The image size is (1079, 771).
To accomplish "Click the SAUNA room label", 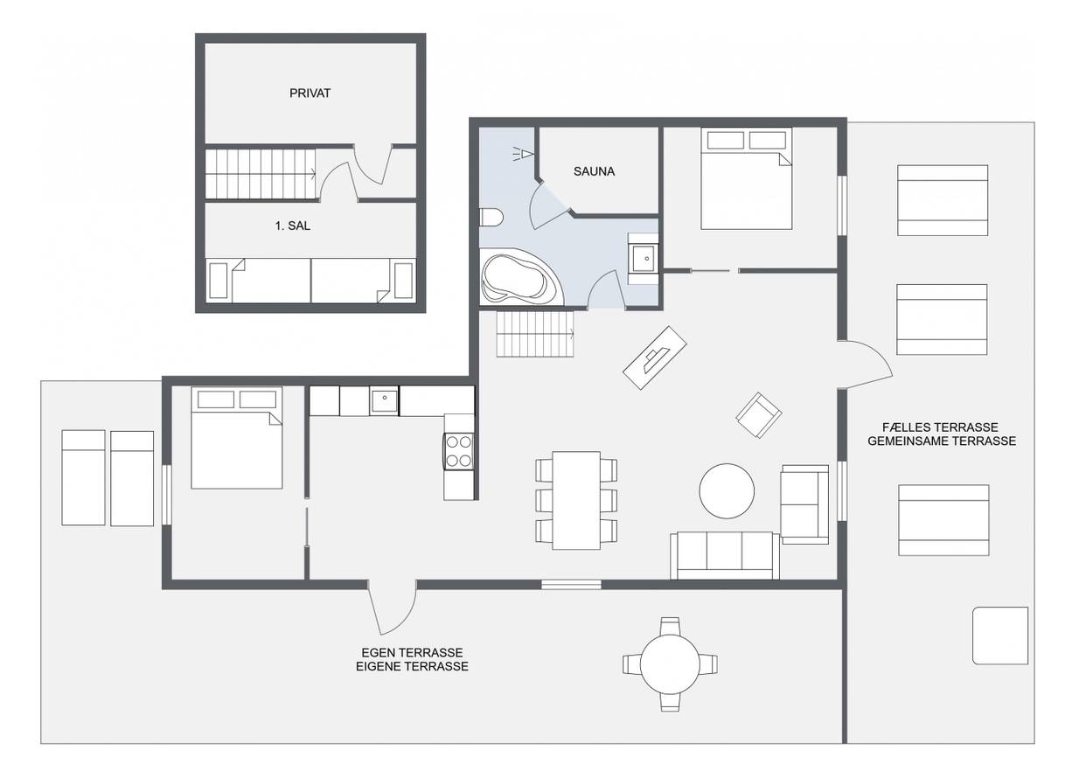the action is (594, 171).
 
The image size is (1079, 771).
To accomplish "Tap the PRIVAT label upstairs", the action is (310, 94).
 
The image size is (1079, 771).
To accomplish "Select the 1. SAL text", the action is (292, 226).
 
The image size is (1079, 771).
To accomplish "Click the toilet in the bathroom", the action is (491, 217).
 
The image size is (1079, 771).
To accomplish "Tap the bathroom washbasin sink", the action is (644, 259).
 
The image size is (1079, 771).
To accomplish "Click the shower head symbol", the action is (524, 154).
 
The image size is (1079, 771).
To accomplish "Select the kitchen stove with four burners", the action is (458, 451).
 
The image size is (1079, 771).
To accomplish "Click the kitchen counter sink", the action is (384, 401).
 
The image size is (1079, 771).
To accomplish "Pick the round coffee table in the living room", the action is (727, 490).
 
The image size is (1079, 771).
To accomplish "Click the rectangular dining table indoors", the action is (576, 500).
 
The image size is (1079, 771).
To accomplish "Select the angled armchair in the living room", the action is (759, 415).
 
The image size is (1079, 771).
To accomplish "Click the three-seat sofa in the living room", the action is (725, 555).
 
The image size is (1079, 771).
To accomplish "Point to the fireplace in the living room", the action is (655, 358).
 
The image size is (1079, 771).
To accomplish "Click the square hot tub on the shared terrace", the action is (1000, 636).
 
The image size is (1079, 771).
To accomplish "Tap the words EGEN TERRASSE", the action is (412, 652).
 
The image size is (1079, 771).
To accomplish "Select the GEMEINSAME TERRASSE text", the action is (942, 441).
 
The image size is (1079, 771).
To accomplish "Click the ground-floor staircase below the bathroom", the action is (535, 334).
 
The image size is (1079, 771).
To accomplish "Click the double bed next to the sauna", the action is (746, 178).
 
